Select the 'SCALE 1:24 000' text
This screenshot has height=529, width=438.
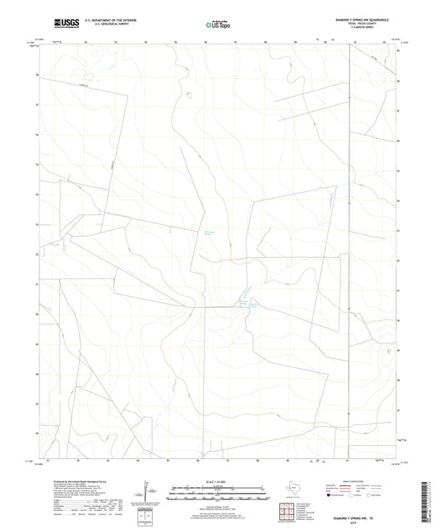(218, 481)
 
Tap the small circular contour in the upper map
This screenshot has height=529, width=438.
(190, 93)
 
